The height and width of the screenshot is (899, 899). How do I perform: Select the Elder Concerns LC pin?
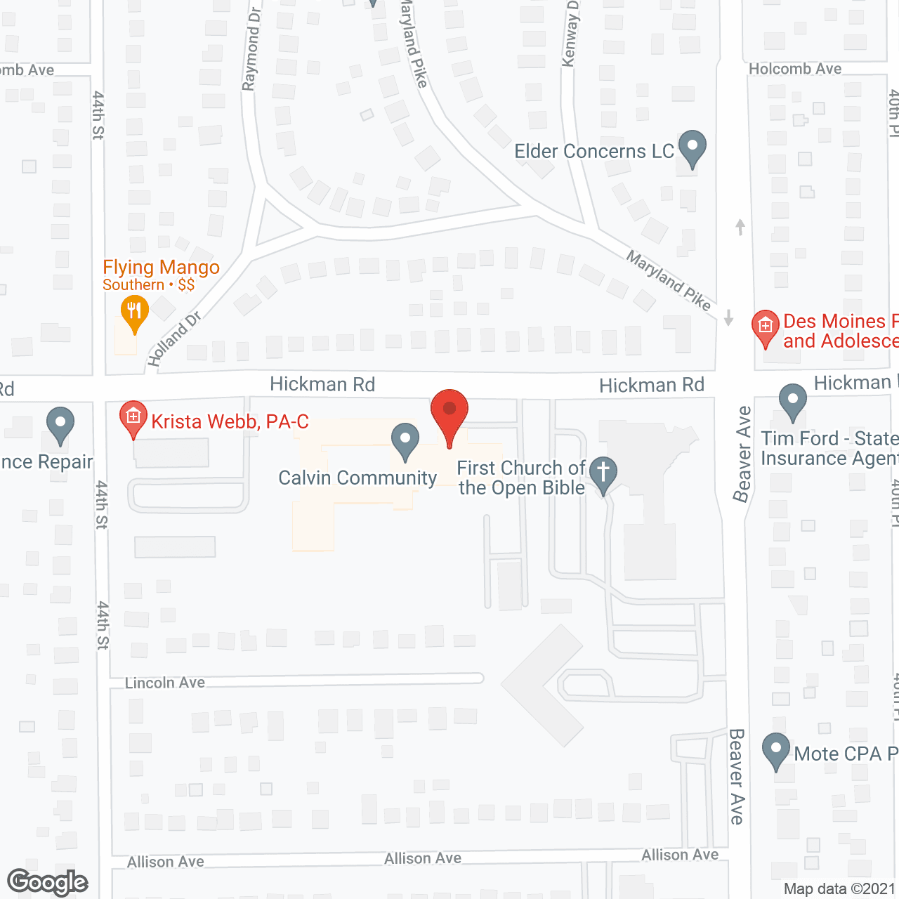(692, 147)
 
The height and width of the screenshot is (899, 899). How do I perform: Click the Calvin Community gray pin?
(405, 440)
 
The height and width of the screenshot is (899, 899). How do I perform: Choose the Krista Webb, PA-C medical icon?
(133, 418)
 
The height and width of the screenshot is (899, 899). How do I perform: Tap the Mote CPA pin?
(776, 750)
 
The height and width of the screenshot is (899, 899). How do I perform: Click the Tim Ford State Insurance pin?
(793, 401)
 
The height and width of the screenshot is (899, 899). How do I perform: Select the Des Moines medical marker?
(765, 327)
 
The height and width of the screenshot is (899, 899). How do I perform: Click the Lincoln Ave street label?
(165, 683)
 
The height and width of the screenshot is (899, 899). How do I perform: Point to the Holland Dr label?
(173, 339)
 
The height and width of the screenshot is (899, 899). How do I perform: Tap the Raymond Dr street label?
(251, 49)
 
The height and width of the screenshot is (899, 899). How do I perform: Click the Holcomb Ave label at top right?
(795, 69)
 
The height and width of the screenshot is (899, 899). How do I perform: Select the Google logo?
(47, 881)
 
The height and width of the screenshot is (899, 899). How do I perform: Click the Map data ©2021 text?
(839, 888)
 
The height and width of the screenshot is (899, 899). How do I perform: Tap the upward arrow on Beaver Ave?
(740, 227)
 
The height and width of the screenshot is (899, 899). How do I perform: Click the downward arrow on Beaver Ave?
(728, 317)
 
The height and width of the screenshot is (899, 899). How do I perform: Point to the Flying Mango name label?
(161, 268)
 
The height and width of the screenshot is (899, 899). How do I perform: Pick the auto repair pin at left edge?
(60, 425)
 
